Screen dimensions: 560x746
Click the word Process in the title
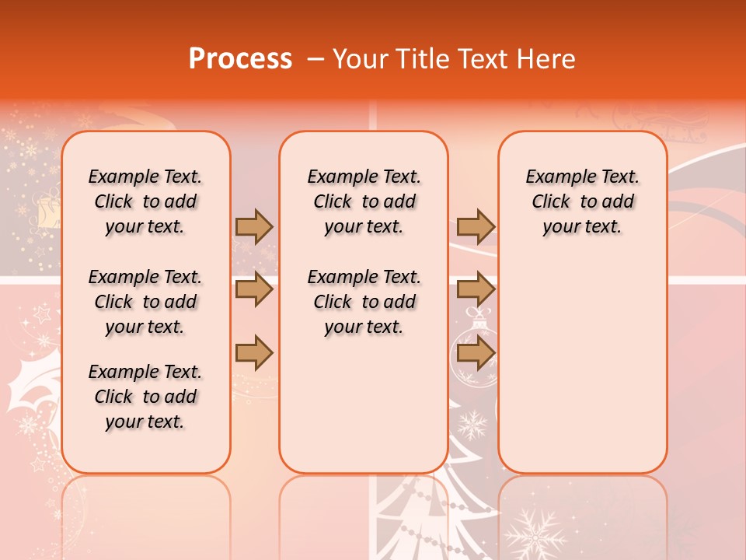click(240, 58)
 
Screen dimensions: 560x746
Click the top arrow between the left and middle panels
click(254, 226)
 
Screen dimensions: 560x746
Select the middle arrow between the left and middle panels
click(254, 290)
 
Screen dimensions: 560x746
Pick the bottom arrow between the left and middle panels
click(254, 354)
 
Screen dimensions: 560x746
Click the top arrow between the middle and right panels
click(476, 226)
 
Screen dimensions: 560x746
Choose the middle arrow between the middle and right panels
click(476, 290)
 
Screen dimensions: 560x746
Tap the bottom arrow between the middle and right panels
click(476, 354)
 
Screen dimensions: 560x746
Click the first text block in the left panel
click(145, 201)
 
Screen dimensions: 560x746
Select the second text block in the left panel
click(145, 302)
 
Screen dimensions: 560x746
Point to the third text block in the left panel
click(145, 397)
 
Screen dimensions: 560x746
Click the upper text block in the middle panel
click(364, 201)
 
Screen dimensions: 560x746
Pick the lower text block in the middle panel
click(364, 302)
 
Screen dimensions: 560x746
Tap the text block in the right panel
click(582, 201)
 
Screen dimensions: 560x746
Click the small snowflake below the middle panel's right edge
click(471, 425)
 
